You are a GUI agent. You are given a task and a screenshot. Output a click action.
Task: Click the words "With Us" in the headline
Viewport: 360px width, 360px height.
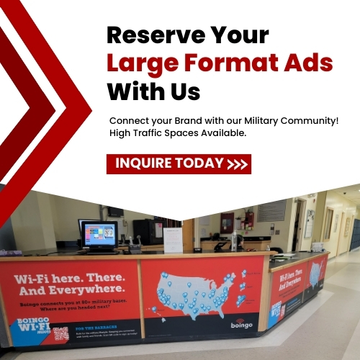point(153,91)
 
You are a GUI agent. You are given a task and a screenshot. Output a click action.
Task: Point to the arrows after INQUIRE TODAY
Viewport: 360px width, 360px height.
point(238,164)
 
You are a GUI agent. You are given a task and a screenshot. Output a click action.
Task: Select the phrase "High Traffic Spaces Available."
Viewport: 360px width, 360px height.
point(178,133)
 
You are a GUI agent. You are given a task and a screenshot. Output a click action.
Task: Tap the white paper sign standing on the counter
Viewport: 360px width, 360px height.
point(173,240)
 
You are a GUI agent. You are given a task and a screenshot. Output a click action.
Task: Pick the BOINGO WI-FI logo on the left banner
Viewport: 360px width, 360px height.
point(31,321)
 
